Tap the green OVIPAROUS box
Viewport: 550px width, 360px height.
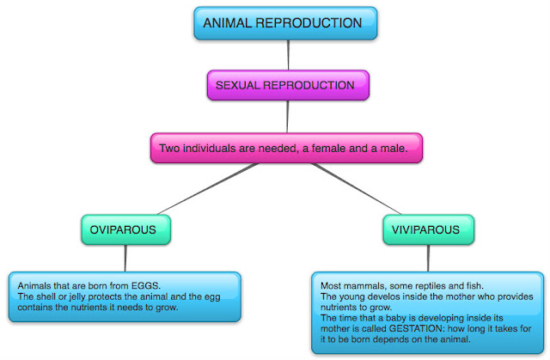(125, 229)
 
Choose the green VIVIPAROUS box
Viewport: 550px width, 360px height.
(427, 229)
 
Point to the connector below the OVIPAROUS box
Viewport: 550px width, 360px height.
(125, 257)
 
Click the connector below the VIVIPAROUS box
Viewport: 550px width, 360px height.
(427, 257)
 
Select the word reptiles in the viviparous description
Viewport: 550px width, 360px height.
(430, 284)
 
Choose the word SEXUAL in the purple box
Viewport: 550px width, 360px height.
(237, 86)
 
